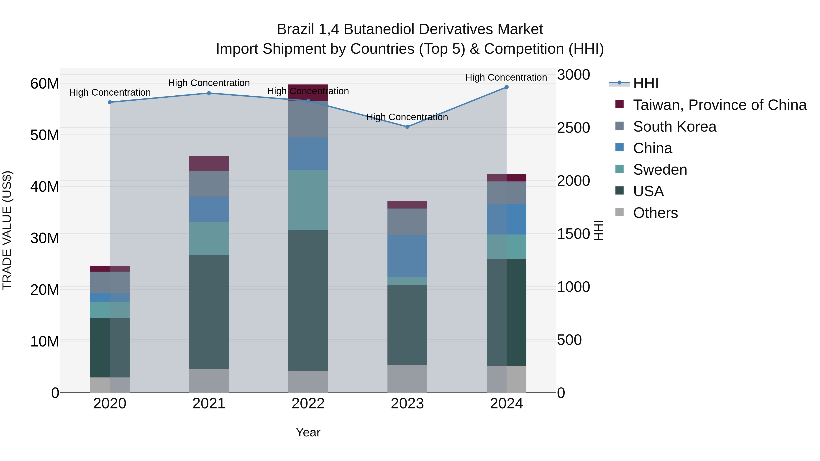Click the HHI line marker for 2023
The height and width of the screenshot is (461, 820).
pos(407,127)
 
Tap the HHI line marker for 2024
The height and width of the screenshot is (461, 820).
pos(506,87)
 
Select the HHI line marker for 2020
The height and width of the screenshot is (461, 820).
pos(110,102)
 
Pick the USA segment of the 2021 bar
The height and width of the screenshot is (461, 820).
pos(209,312)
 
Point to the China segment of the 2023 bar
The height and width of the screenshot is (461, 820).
pos(407,256)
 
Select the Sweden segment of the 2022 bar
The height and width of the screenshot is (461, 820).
pos(308,200)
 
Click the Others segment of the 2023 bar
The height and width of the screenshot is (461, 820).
pos(407,378)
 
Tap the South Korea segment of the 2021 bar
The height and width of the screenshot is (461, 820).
pos(209,184)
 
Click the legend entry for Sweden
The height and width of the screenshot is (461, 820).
pos(660,170)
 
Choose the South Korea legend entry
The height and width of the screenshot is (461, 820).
pos(674,127)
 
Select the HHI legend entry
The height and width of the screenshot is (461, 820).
pos(646,83)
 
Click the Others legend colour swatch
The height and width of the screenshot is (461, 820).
pos(620,212)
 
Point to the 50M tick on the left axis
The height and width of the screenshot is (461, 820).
pos(45,135)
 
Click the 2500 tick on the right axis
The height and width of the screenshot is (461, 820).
pos(573,128)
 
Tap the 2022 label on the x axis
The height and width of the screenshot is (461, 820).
pos(308,404)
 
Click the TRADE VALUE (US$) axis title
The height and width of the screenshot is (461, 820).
pos(7,230)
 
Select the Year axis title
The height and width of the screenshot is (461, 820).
pos(308,432)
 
